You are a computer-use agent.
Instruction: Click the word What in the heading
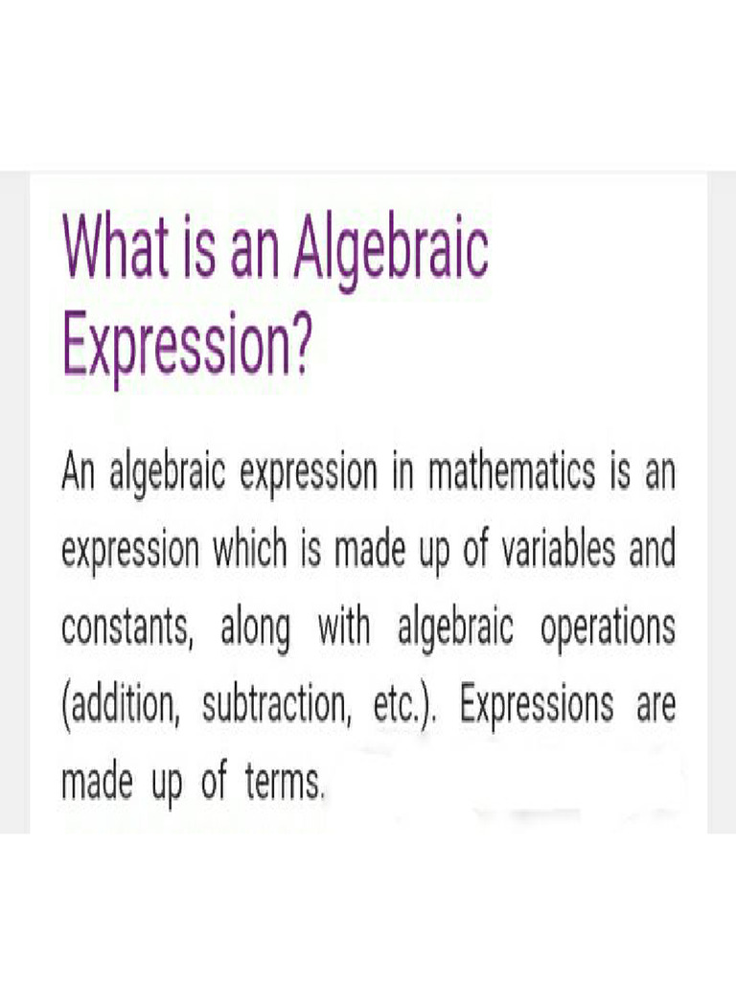tap(113, 248)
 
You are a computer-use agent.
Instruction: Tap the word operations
tap(607, 629)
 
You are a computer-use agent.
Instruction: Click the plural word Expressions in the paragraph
tap(536, 707)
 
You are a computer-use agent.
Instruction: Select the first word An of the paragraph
tap(79, 473)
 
